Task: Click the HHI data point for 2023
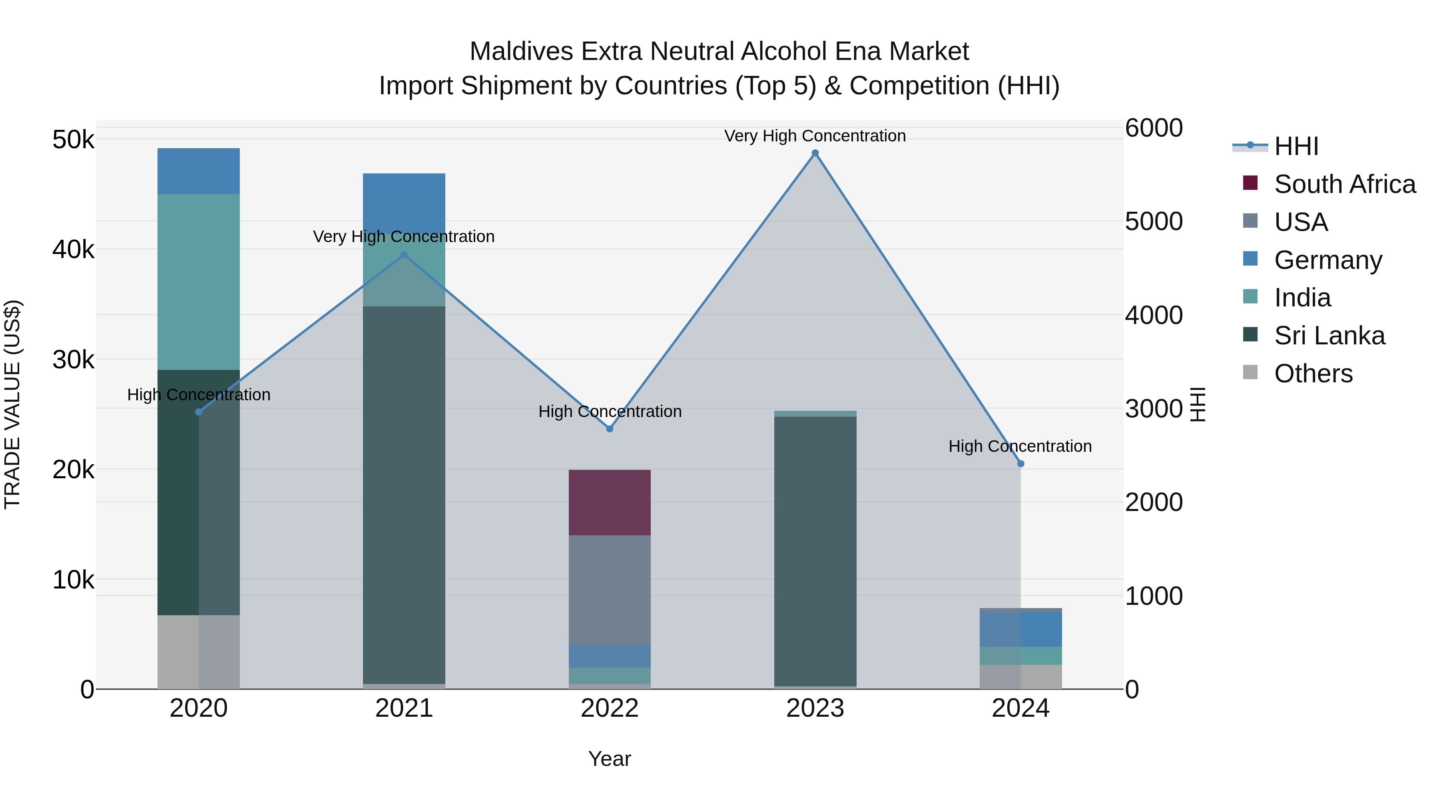click(815, 153)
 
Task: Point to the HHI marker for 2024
click(1020, 464)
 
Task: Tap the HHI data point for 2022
click(610, 429)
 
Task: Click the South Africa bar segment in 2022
click(610, 503)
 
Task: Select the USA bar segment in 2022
click(610, 590)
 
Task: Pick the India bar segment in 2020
click(198, 282)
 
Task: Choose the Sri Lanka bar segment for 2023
click(815, 551)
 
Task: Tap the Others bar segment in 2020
click(198, 652)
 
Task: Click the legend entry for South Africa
click(1345, 184)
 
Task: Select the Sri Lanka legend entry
click(1329, 336)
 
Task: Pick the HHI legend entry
click(1296, 146)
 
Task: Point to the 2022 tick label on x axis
click(610, 708)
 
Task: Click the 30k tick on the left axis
click(74, 360)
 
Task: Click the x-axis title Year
click(610, 759)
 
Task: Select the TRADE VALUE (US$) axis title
click(13, 404)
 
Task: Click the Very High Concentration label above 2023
click(815, 136)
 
